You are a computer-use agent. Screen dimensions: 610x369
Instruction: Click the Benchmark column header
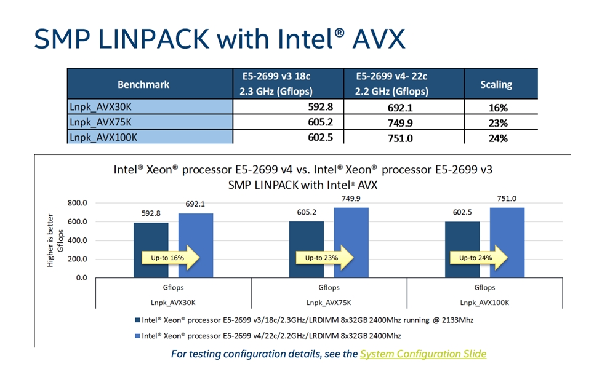143,84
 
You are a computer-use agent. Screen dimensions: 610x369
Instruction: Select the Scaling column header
496,84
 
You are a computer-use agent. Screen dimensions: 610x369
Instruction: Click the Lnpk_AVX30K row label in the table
100,106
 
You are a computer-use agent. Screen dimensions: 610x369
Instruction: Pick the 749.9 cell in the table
400,123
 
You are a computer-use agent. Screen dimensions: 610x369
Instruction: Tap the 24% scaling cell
498,138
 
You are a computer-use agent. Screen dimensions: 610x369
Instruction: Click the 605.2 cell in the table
320,122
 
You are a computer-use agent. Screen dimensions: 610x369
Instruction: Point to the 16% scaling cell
498,108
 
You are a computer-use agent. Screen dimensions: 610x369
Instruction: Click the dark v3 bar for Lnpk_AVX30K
151,250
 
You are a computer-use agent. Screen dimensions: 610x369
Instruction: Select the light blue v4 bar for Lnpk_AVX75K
351,243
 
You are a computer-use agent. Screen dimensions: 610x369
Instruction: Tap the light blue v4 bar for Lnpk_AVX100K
507,243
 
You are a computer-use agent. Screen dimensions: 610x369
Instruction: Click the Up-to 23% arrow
324,258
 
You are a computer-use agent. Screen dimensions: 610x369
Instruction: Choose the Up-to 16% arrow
171,258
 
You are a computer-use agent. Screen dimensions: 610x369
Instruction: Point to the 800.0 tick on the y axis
78,203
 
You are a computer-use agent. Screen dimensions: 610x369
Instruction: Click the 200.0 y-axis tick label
78,259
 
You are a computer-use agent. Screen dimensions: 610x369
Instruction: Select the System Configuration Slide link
423,354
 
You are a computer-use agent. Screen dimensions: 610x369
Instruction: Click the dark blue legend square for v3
137,320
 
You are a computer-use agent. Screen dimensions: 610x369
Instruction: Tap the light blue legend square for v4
137,336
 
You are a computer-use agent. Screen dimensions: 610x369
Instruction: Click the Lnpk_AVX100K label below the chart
484,303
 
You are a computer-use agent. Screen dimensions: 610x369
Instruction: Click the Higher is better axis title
50,240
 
